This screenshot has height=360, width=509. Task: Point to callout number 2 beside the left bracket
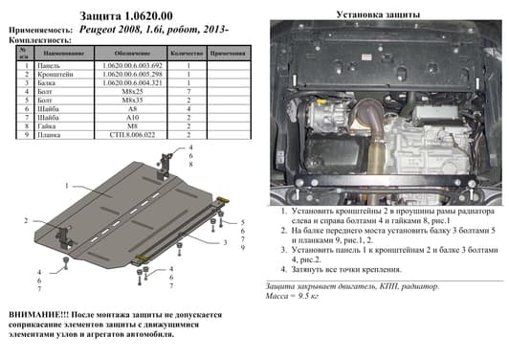(x=26, y=221)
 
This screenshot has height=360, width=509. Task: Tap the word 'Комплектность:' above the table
(x=38, y=41)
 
